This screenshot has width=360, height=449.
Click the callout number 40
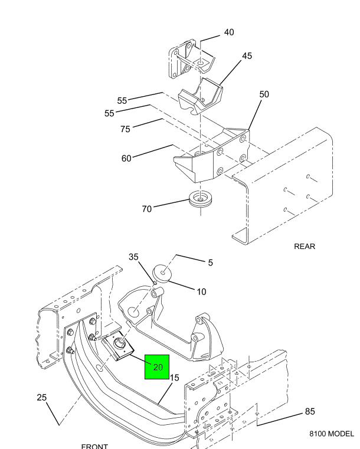point(228,32)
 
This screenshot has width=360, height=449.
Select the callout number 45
point(247,56)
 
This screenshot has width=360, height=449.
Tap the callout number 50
point(264,94)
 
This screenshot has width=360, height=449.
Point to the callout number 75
point(125,129)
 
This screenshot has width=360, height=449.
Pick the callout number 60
point(126,158)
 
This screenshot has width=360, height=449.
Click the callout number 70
point(147,208)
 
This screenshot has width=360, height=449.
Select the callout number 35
point(134,257)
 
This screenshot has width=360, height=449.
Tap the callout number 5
point(210,263)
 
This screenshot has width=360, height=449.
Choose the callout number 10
point(201,291)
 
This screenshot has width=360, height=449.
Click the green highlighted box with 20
point(158,367)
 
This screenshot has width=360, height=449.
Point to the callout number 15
point(174,378)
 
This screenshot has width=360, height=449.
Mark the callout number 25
point(41,397)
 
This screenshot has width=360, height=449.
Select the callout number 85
point(310,411)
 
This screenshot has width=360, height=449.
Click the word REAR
point(305,247)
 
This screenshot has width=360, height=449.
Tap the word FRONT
point(94,445)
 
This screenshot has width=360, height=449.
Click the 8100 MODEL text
point(331,434)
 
